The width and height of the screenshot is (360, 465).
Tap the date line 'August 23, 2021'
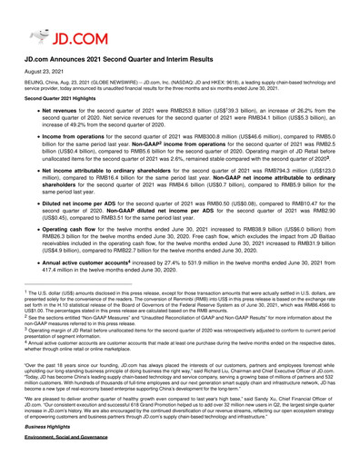point(38,72)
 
